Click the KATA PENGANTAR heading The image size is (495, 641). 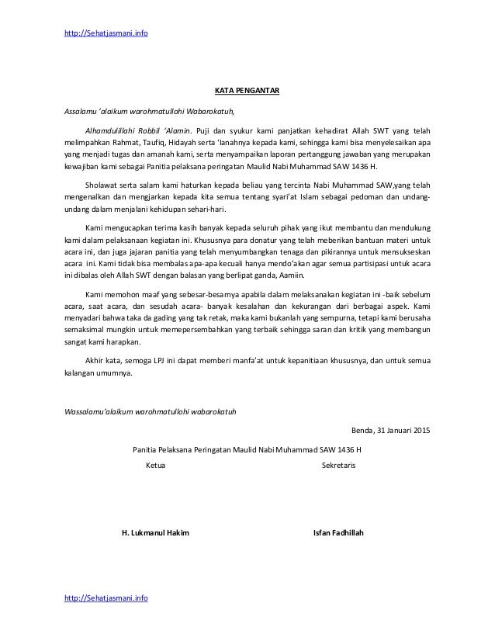coord(247,89)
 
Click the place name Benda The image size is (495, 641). coord(363,430)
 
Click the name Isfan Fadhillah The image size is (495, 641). coord(339,533)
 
